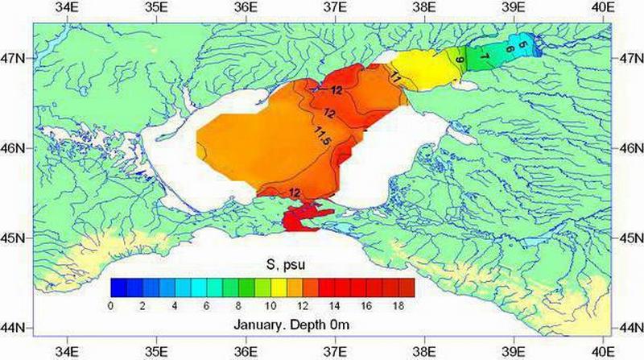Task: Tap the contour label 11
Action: pos(396,78)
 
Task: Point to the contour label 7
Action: pos(483,56)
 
